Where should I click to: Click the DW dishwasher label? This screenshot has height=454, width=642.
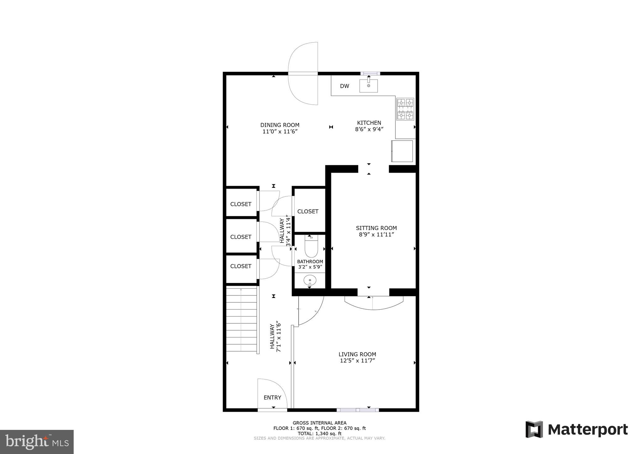click(344, 86)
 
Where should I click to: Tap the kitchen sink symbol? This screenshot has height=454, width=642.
click(368, 86)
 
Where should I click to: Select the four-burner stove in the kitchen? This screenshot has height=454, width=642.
click(405, 109)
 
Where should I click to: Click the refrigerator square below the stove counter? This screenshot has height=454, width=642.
click(402, 151)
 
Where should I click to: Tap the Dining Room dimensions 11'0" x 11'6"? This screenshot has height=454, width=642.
click(280, 132)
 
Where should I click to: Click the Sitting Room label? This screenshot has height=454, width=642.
click(376, 228)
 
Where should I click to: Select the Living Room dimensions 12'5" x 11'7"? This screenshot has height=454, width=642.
click(357, 361)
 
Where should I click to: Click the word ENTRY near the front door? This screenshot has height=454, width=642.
click(272, 398)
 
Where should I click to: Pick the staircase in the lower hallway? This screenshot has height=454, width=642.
click(241, 320)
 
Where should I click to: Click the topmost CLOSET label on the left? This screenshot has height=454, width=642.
click(241, 204)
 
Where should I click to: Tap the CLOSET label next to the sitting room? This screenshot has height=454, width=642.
click(308, 211)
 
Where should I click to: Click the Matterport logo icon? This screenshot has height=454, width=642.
click(534, 429)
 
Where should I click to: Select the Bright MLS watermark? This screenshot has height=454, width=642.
click(37, 442)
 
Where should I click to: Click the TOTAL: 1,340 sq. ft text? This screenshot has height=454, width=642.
click(319, 434)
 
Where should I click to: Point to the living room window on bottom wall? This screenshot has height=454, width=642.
click(358, 410)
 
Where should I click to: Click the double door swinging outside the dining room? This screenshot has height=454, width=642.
click(303, 74)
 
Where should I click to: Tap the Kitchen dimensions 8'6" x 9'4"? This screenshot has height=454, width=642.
click(369, 129)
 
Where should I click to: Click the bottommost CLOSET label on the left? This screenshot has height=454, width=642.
click(241, 266)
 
